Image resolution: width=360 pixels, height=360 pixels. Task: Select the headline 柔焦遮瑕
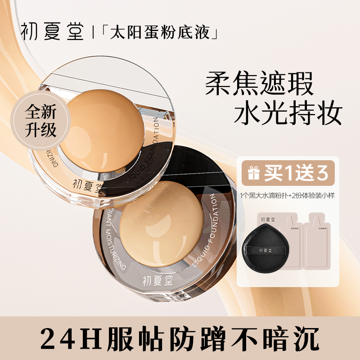click(x=260, y=84)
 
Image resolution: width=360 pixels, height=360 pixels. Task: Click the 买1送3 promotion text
click(x=295, y=173)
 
